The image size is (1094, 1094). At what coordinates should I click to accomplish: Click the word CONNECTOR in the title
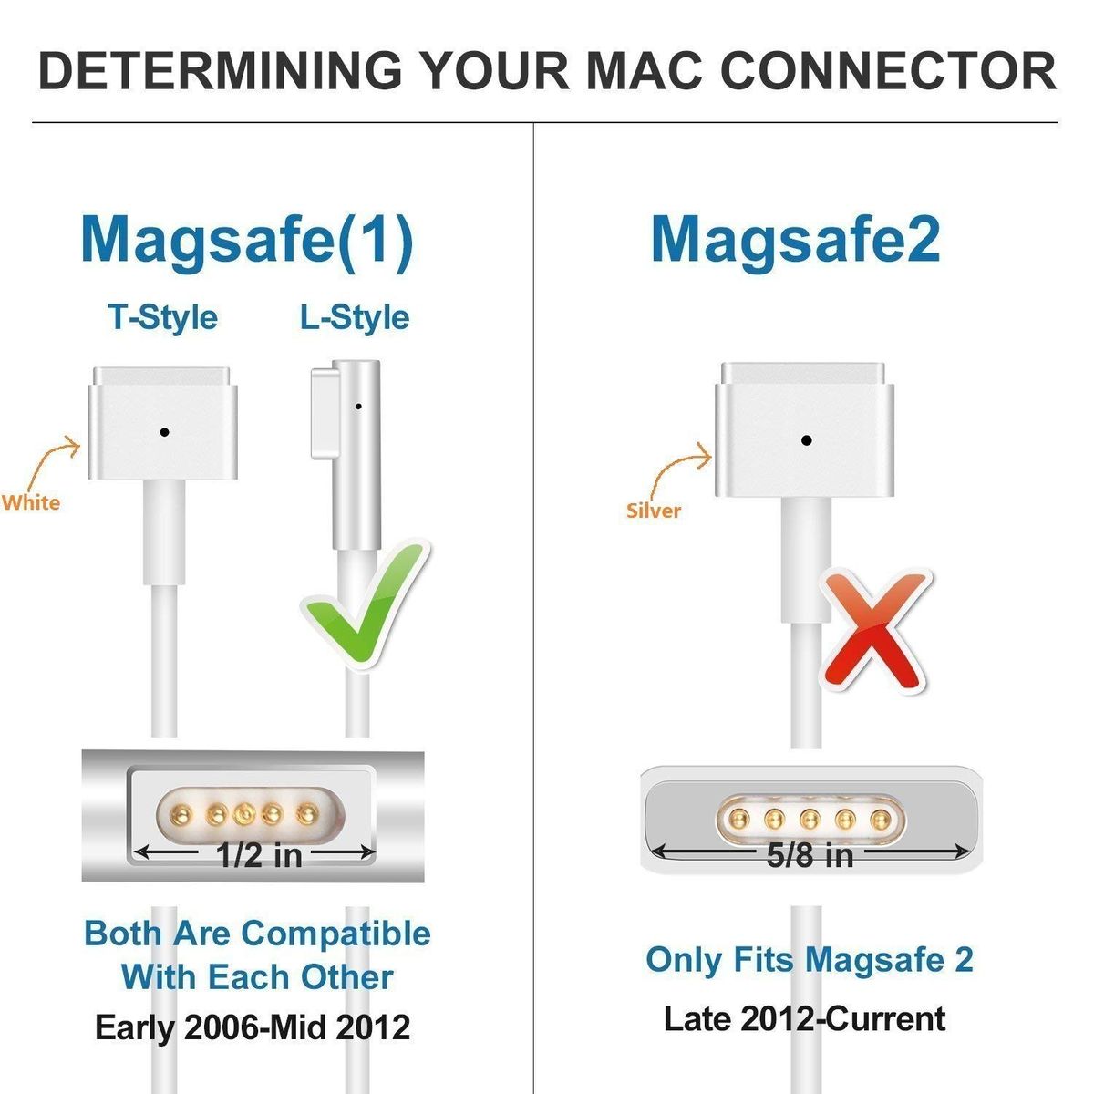point(888,71)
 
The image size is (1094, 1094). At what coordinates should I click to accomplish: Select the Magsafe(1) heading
point(248,243)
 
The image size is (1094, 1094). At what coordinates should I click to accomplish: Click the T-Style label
point(163,318)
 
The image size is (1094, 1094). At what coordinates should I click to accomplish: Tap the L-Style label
point(355,318)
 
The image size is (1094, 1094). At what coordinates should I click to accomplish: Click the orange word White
point(31,503)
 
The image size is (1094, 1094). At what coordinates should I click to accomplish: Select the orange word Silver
point(654,511)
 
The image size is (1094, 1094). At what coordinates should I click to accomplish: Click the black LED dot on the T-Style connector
point(165,433)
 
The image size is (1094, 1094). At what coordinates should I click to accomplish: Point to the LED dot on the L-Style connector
point(358,407)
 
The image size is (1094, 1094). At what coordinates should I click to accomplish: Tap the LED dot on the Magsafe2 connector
point(806,440)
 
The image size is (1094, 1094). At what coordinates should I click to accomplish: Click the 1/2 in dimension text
point(259,855)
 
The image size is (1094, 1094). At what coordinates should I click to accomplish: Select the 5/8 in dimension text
point(810,855)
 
